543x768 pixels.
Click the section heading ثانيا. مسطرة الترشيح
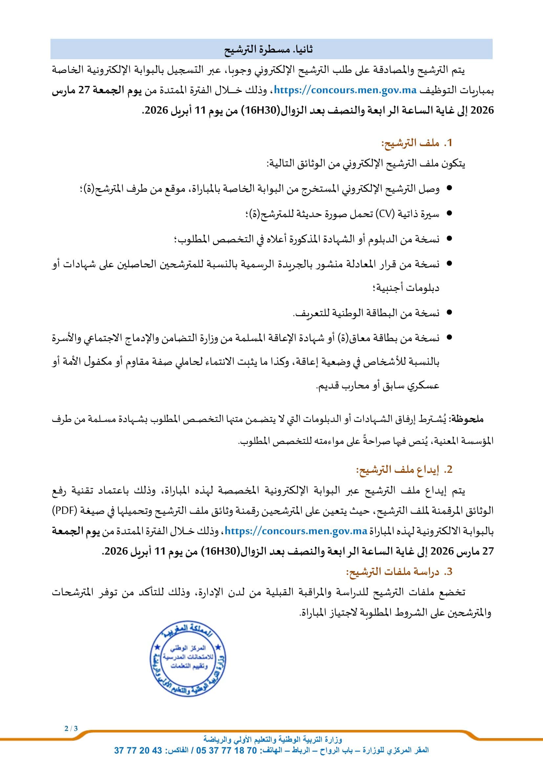269,50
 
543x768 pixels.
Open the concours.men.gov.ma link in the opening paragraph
345,90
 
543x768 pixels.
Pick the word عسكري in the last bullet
426,386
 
